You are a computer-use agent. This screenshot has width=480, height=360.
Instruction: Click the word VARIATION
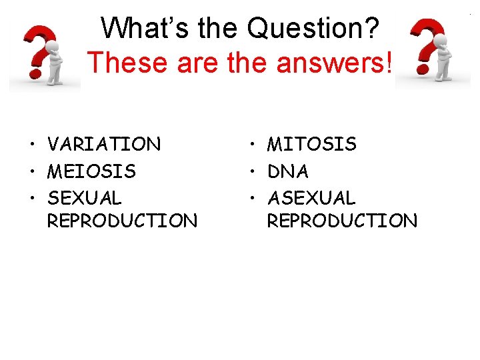[104, 144]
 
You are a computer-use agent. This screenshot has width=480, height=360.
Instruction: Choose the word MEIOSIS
[91, 171]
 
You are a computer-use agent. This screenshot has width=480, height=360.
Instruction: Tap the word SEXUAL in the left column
[85, 198]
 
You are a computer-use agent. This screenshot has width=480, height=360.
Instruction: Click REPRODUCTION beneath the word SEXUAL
[122, 221]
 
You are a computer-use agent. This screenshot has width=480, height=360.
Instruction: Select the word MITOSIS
[312, 144]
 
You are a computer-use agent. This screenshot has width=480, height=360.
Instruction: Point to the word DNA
[288, 171]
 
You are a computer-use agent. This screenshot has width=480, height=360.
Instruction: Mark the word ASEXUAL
[312, 198]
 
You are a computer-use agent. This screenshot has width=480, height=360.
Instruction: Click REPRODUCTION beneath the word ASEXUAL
[342, 221]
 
